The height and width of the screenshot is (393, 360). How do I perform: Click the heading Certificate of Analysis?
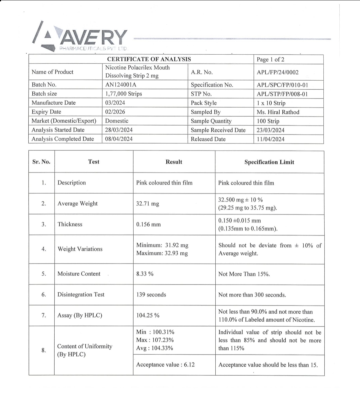[149, 59]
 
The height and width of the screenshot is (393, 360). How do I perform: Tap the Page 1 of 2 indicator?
[270, 60]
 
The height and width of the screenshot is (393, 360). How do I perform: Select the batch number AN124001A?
[121, 85]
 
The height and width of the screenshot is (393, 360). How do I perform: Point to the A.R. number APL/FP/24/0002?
[278, 72]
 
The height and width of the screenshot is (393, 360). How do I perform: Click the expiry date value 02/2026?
[115, 112]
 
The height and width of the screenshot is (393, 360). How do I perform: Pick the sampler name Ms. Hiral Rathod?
[278, 112]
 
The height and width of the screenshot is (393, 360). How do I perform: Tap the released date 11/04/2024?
[270, 139]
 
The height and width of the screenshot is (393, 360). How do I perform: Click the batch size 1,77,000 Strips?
[123, 94]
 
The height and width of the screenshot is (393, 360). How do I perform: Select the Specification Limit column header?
[269, 162]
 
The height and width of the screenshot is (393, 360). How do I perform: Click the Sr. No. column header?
[41, 162]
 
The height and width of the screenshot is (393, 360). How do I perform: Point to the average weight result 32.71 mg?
[147, 203]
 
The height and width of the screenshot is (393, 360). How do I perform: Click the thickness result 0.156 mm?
[148, 224]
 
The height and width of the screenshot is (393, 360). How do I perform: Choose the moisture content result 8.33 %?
[145, 274]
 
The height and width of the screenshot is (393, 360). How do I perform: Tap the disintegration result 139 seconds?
[151, 295]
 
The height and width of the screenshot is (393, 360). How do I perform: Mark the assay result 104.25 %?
[148, 315]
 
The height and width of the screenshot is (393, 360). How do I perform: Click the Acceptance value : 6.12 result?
[165, 365]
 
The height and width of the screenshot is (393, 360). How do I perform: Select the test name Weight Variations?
[80, 249]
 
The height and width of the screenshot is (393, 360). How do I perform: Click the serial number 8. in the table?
[44, 350]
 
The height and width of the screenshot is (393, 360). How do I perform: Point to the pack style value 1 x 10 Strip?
[271, 103]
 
